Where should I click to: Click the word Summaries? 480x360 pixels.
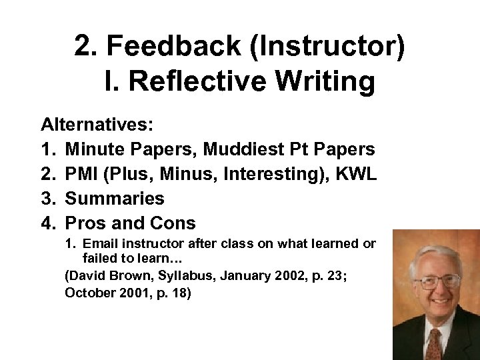pos(115,199)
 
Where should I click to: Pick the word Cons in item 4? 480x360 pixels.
pos(173,223)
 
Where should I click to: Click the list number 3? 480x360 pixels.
pos(47,199)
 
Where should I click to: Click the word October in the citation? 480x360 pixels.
pos(89,293)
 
